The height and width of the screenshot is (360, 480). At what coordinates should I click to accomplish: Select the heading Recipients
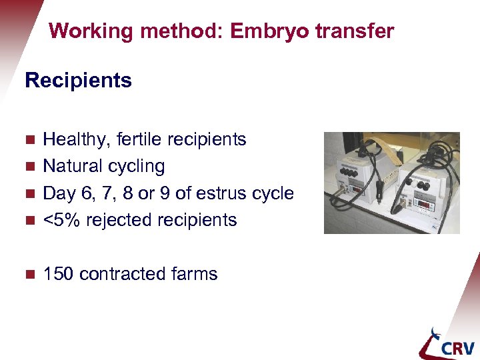point(78,81)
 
